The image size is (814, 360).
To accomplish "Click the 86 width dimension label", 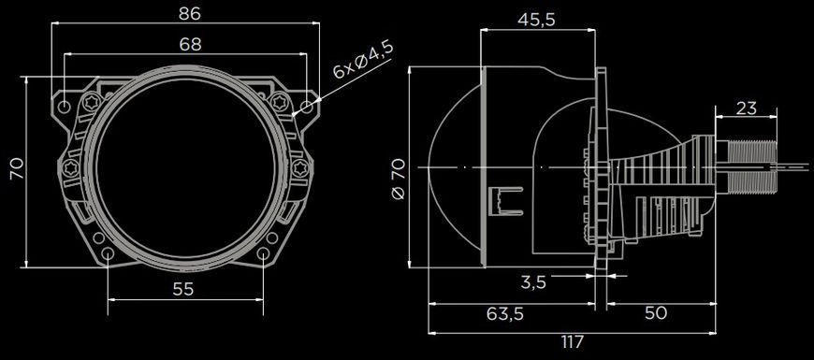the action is point(189,13).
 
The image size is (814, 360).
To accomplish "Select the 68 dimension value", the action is point(191,45).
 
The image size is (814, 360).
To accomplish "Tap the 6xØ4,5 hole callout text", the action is point(363,60).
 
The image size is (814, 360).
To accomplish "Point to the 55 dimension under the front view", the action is point(183,289).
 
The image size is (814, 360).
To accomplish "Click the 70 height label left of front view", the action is point(17,169).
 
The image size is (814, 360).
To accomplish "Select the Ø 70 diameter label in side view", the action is point(400,180).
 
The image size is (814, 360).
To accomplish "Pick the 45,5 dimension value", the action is point(536,20).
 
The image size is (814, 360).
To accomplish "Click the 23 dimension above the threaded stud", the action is point(746,108).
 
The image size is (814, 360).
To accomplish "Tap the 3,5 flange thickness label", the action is point(533,282).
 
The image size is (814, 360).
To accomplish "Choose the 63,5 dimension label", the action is point(505,313).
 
